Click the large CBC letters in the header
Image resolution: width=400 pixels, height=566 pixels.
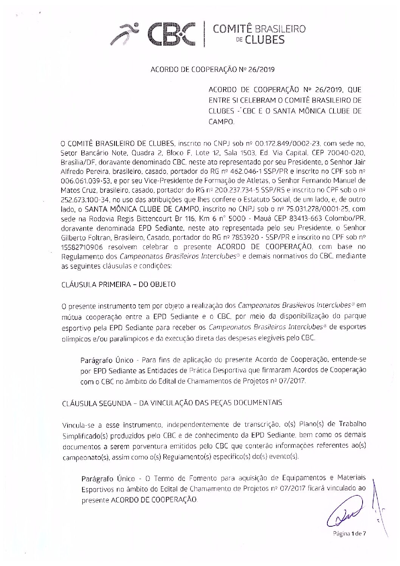pyautogui.click(x=172, y=34)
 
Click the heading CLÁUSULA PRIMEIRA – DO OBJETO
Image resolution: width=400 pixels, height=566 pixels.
pyautogui.click(x=118, y=285)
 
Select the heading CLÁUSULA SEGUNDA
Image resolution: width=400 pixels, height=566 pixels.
pyautogui.click(x=99, y=403)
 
